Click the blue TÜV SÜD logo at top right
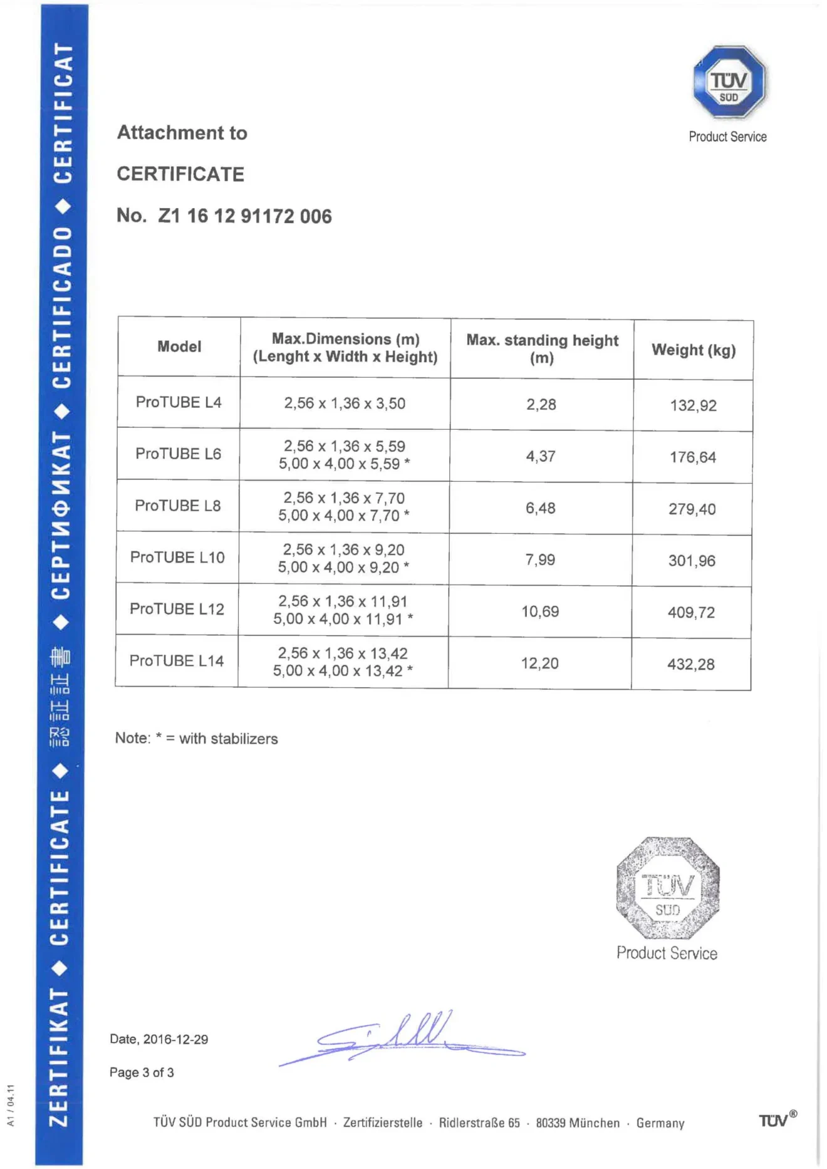pyautogui.click(x=729, y=82)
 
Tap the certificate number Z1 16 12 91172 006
pyautogui.click(x=244, y=216)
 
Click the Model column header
pyautogui.click(x=179, y=346)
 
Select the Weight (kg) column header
pyautogui.click(x=693, y=350)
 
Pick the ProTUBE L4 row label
pyautogui.click(x=179, y=402)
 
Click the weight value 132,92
pyautogui.click(x=693, y=405)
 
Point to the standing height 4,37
pyautogui.click(x=541, y=456)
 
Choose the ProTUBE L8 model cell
pyautogui.click(x=178, y=506)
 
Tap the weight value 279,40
pyautogui.click(x=692, y=509)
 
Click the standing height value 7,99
pyautogui.click(x=540, y=559)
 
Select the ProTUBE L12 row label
pyautogui.click(x=177, y=609)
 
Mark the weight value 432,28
pyautogui.click(x=690, y=664)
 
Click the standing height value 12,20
pyautogui.click(x=539, y=663)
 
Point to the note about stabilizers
pyautogui.click(x=196, y=739)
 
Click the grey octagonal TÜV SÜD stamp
pyautogui.click(x=667, y=888)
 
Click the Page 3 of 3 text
pyautogui.click(x=142, y=1073)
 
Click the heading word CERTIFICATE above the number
pyautogui.click(x=180, y=174)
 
